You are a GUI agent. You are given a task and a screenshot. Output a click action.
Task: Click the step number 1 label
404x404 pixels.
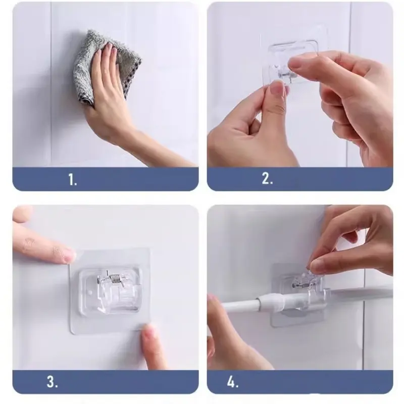pyautogui.click(x=73, y=179)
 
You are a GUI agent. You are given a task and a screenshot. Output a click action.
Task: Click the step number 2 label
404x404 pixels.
pyautogui.click(x=267, y=178)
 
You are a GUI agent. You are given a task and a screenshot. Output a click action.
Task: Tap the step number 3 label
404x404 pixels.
pyautogui.click(x=53, y=382)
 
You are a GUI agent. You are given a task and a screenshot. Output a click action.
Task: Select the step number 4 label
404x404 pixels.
pyautogui.click(x=233, y=382)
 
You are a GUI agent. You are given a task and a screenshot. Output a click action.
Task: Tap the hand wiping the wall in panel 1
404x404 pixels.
pyautogui.click(x=108, y=85)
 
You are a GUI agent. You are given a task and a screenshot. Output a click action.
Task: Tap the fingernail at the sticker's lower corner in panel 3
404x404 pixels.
pyautogui.click(x=148, y=332)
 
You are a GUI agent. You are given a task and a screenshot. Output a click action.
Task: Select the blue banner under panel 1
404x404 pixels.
pyautogui.click(x=106, y=179)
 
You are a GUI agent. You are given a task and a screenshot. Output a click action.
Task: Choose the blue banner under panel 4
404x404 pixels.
pyautogui.click(x=300, y=382)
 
